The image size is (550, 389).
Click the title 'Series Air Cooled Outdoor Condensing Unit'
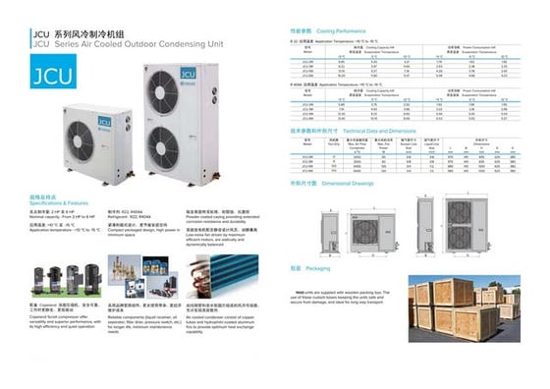127,43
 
